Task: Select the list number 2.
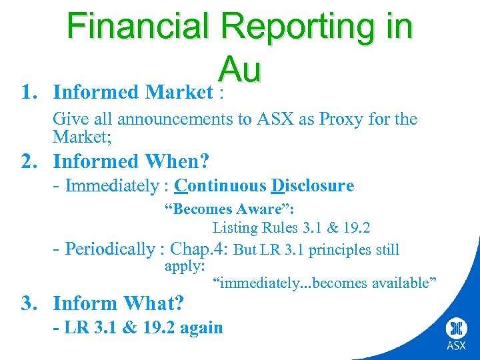pyautogui.click(x=29, y=161)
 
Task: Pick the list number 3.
pyautogui.click(x=29, y=303)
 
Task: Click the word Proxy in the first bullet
pyautogui.click(x=341, y=119)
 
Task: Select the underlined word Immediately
pyautogui.click(x=112, y=185)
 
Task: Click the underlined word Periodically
pyautogui.click(x=110, y=250)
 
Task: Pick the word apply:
pyautogui.click(x=185, y=267)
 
